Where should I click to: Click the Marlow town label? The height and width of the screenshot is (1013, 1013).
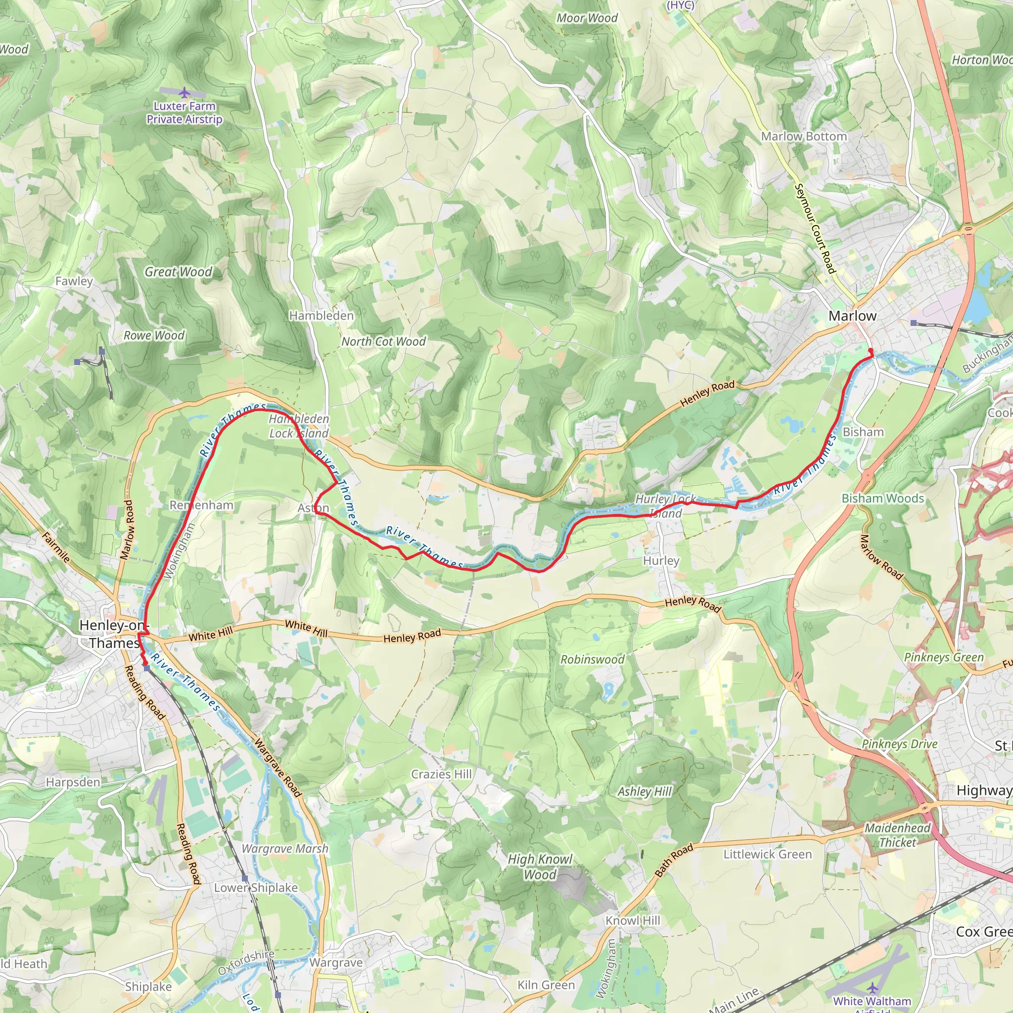tap(852, 316)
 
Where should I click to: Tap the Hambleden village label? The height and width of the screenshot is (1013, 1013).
tap(322, 316)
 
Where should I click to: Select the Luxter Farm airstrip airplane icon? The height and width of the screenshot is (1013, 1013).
tap(184, 93)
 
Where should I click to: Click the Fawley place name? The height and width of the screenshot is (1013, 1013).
tap(74, 281)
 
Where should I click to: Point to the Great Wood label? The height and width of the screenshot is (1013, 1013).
tap(178, 272)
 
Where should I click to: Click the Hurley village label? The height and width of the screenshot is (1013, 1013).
tap(661, 560)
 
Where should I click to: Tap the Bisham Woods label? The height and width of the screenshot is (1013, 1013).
tap(883, 498)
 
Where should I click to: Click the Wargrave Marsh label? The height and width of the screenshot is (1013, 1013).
tap(285, 848)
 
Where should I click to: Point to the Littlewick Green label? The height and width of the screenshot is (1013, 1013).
tap(767, 854)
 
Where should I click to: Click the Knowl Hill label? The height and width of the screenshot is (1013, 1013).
tap(633, 920)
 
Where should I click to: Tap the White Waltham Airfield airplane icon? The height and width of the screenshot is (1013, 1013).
tap(872, 988)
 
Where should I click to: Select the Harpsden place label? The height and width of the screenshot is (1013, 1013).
tap(73, 782)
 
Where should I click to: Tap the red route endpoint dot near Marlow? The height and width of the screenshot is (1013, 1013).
tap(871, 350)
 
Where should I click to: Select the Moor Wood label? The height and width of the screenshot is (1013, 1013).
tap(587, 18)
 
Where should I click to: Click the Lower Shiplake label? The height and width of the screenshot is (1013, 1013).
tap(256, 887)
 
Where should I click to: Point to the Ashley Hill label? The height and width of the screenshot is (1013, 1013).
tap(645, 791)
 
